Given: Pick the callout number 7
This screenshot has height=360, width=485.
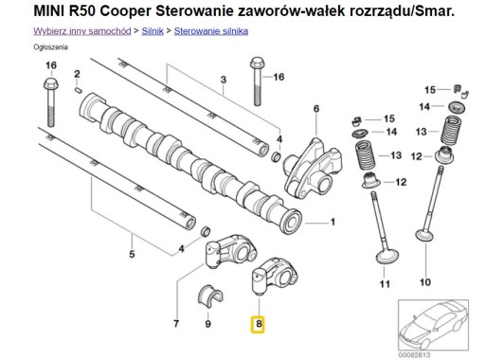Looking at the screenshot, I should [x=176, y=323].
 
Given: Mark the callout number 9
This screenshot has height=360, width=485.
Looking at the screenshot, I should [x=208, y=324].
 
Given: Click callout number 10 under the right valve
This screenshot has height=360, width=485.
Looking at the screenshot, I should [x=423, y=281].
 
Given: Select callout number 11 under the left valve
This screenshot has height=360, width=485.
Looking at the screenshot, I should [x=383, y=282].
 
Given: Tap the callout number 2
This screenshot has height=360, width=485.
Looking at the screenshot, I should [x=77, y=72].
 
